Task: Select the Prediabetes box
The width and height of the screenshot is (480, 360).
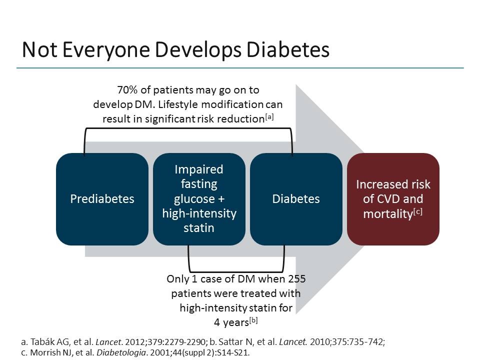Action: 102,199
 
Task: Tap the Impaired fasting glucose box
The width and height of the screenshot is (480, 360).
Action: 199,199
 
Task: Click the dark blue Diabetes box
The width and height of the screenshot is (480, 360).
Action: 296,199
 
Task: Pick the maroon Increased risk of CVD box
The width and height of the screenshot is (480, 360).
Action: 393,199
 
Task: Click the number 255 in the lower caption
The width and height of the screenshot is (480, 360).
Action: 295,278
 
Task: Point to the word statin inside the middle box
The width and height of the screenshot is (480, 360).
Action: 199,228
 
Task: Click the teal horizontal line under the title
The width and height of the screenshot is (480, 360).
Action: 240,68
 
